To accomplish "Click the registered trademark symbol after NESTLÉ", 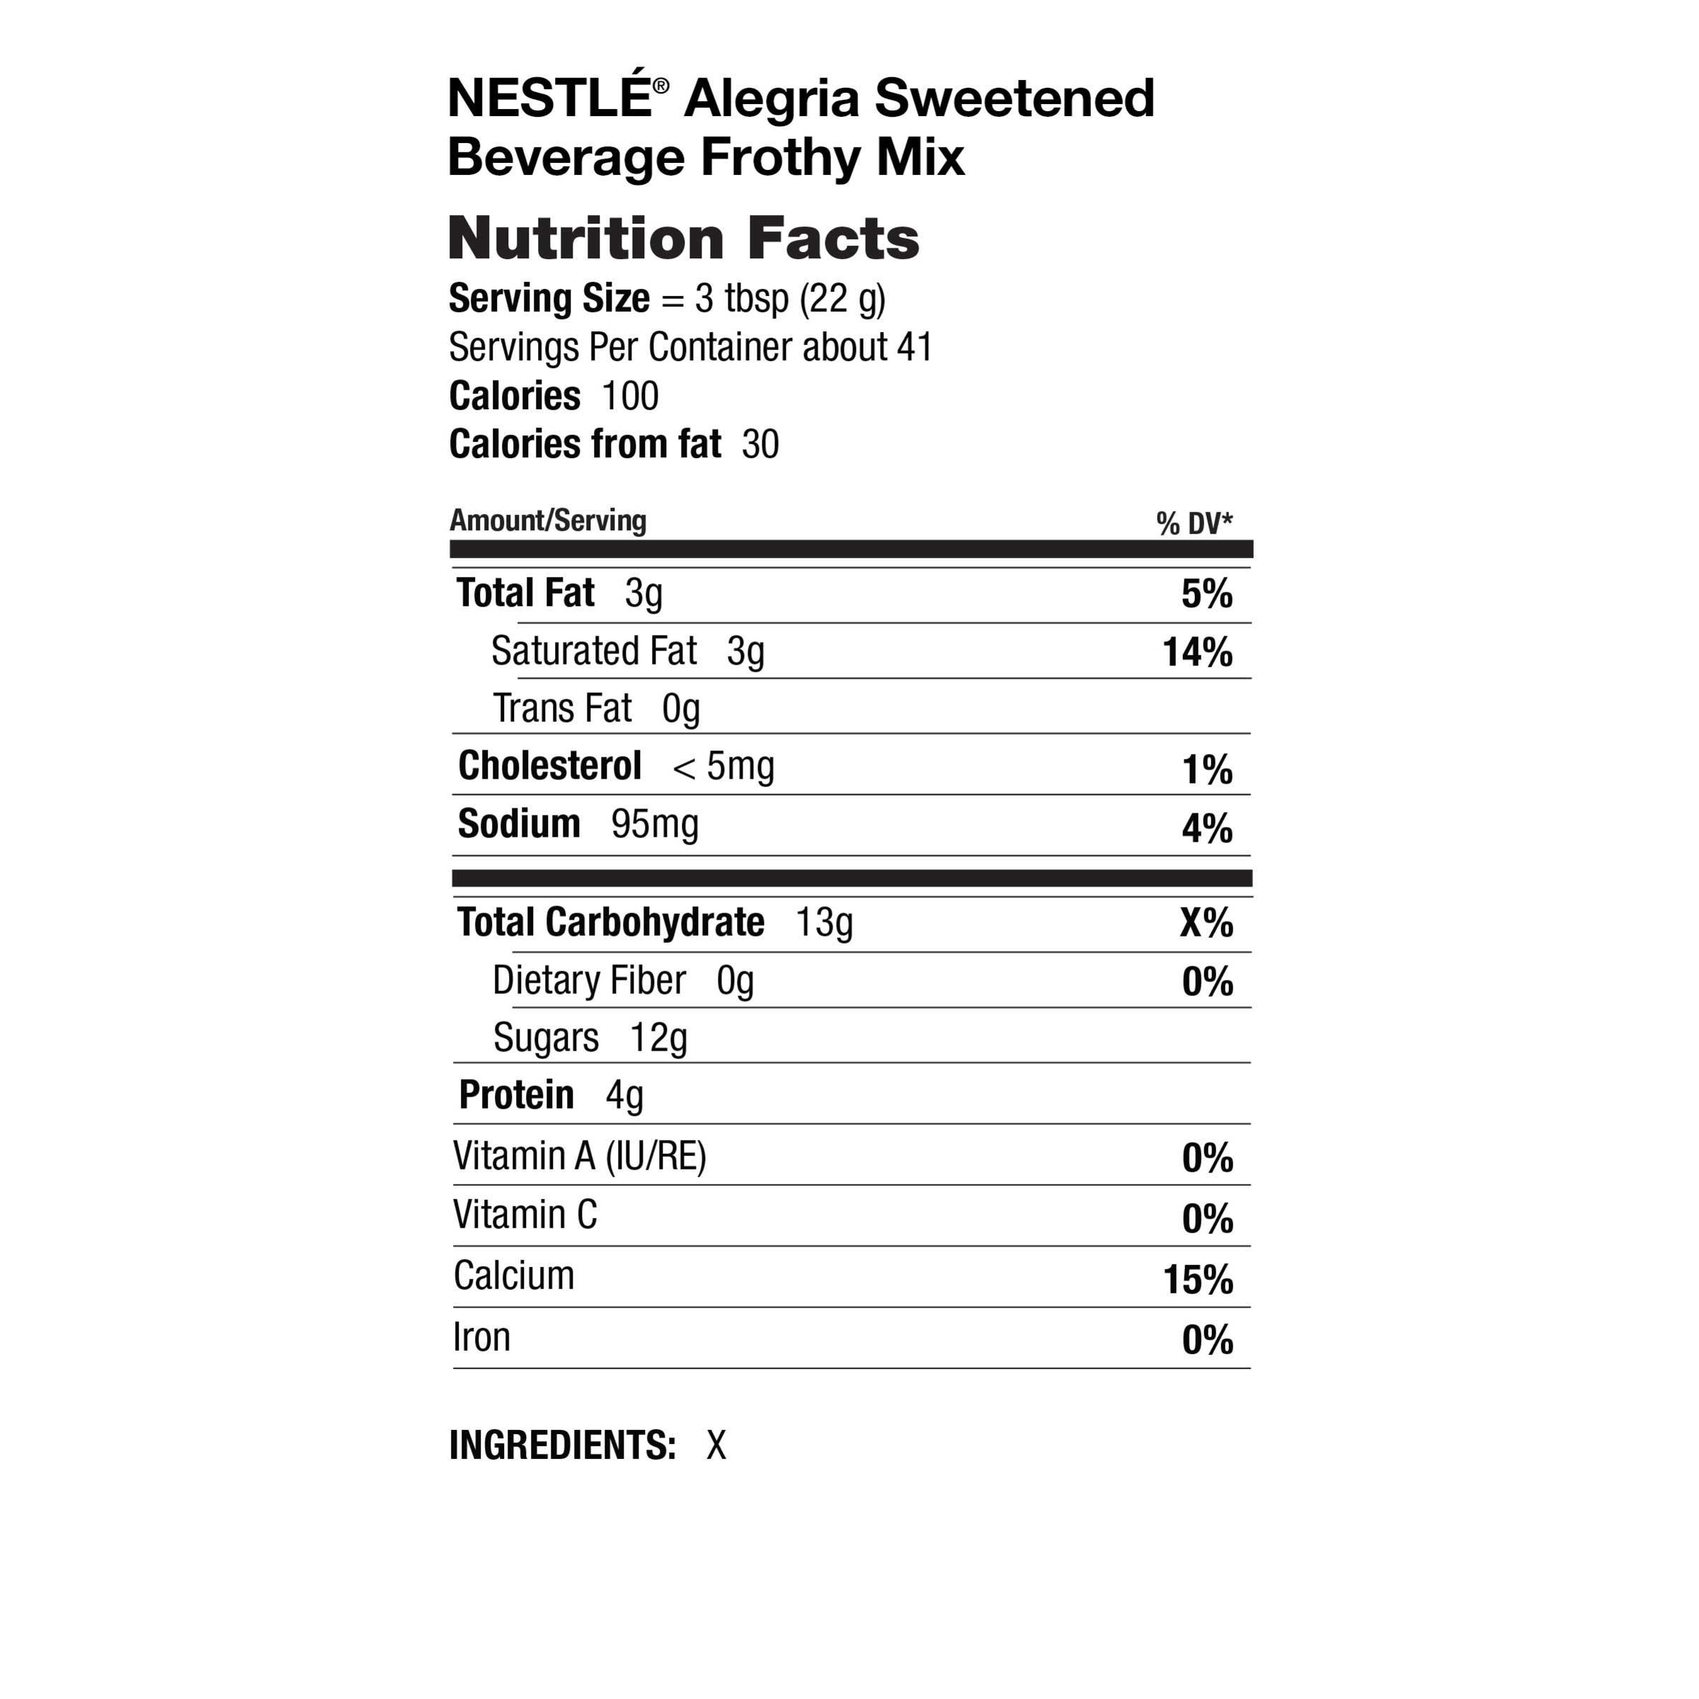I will click(x=660, y=85).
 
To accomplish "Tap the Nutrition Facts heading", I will click(x=683, y=239).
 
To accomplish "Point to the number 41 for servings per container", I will click(x=915, y=348).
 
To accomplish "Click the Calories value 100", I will click(x=629, y=396).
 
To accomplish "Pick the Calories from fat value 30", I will click(x=760, y=445).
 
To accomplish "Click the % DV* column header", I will click(x=1194, y=524).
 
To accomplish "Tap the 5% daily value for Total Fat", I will click(x=1206, y=595).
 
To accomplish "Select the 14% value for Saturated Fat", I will click(x=1197, y=653).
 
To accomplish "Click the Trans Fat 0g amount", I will click(x=680, y=709).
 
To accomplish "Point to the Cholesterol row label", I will click(x=549, y=766).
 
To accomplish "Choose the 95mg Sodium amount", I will click(x=654, y=825).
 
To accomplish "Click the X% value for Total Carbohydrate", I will click(x=1206, y=923).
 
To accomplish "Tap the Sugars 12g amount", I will click(x=658, y=1039).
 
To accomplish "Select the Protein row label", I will click(x=516, y=1096).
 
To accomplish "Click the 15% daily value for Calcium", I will click(x=1198, y=1281).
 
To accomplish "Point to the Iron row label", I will click(x=481, y=1337).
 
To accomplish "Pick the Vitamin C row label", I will click(x=525, y=1215).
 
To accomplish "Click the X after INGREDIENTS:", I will click(x=716, y=1446).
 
